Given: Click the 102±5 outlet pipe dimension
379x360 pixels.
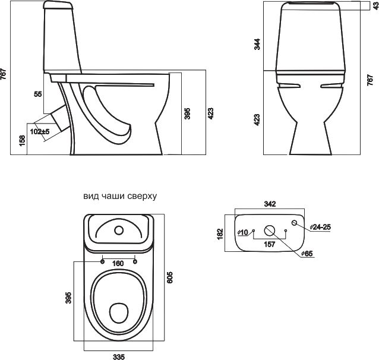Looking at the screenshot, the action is pos(40,132).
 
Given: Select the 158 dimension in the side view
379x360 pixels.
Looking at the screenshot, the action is pos(22,140).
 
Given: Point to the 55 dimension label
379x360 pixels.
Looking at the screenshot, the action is pos(37,94).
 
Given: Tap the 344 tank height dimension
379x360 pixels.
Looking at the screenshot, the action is pos(257,44).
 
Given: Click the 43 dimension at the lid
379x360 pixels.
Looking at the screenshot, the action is pos(376,6).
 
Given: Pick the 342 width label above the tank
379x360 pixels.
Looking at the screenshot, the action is pos(270,204).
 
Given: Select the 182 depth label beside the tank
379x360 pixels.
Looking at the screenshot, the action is pos(220,234).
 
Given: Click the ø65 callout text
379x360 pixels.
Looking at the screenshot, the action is pos(307,254).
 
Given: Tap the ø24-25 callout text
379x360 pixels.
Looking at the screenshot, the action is pos(320,227).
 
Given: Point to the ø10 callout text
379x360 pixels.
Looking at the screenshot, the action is pos(243,232).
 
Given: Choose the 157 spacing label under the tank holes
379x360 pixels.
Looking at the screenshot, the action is pos(270,244).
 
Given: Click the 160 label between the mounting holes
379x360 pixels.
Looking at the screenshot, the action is pos(118,263).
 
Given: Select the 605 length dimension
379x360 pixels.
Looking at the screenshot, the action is pos(170,277).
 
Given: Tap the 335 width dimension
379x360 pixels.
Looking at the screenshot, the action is pos(119,356).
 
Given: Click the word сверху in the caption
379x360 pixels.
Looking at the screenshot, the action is pos(142,196).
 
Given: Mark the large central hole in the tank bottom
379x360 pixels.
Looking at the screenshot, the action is pos(270,230).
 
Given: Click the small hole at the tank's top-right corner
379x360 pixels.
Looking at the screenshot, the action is pos(295,223).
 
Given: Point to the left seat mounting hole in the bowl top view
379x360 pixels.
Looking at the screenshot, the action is pos(102,261).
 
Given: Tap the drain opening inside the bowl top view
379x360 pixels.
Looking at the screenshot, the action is pos(119,313).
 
